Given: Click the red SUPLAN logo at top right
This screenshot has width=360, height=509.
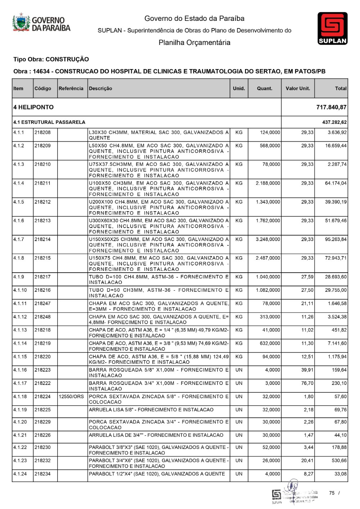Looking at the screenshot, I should coord(332,28).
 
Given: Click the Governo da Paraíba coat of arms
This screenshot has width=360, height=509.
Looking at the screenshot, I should coord(21,23).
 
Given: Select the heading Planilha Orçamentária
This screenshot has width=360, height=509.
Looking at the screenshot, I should coord(194,43).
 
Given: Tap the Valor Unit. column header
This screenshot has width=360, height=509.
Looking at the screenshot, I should coord(298,88).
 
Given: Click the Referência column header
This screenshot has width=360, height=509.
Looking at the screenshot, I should coord(71,88).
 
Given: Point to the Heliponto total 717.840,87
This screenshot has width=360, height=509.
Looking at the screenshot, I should coord(331,107).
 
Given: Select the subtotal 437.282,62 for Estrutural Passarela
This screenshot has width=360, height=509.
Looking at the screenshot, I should coord(334,122).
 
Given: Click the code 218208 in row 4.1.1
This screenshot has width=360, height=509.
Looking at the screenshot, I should coord(43,133).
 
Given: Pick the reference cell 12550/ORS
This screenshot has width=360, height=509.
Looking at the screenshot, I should coord(71,397).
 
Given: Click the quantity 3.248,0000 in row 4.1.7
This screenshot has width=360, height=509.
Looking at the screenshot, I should coord(268,240).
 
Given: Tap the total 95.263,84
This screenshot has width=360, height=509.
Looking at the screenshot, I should coord(336,240).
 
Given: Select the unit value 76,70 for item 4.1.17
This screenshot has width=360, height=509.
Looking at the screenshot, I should coord(307,383).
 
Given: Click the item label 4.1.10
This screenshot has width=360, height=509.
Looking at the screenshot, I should coord(20,290).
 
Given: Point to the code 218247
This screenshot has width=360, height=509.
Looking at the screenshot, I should coord(43,304).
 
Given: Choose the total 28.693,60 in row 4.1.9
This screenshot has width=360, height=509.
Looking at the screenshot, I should coord(336,277).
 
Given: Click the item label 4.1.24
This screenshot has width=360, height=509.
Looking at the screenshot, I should coord(20,474).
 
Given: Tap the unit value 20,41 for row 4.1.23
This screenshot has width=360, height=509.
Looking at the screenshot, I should coord(307,461).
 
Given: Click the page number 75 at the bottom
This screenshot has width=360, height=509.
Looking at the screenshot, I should coord(332,493).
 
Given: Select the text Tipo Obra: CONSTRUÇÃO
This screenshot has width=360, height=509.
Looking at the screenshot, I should coord(51,59).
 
